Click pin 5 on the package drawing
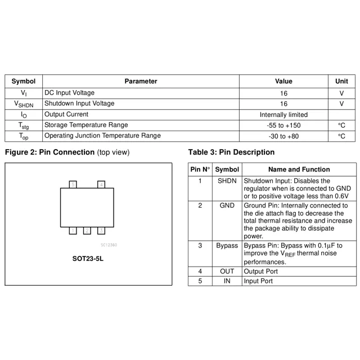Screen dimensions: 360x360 [x=73, y=184]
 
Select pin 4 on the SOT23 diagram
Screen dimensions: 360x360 [x=101, y=184]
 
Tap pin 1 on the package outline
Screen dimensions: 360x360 [x=73, y=230]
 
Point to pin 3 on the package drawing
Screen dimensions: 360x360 [x=101, y=230]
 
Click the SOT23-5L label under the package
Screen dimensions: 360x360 [x=88, y=259]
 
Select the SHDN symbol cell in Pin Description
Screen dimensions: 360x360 [x=227, y=181]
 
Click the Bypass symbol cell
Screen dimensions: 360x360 [x=227, y=246]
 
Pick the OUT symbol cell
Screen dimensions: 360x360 [x=227, y=271]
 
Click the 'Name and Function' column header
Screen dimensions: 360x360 [x=299, y=169]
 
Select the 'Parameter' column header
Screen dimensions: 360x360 [x=141, y=81]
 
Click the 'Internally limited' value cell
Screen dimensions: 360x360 [x=283, y=115]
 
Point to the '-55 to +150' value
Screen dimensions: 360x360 [x=283, y=125]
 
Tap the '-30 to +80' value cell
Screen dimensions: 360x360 [x=283, y=136]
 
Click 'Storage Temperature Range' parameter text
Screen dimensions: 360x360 [x=86, y=125]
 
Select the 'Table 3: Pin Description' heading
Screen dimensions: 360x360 [x=231, y=152]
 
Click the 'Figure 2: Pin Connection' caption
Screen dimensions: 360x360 [x=49, y=152]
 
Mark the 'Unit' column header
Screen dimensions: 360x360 [x=341, y=81]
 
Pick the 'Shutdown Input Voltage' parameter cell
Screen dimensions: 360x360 [x=79, y=103]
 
